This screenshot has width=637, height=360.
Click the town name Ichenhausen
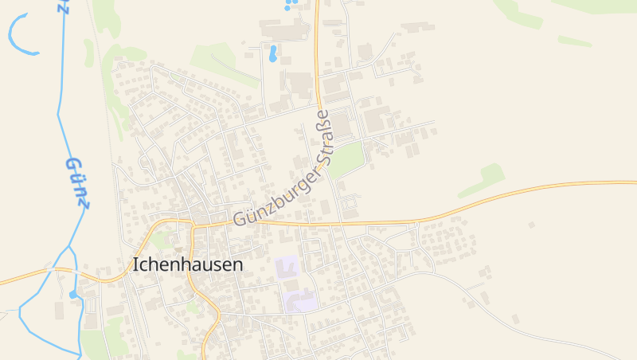(x=187, y=264)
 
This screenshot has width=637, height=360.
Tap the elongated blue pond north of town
(x=273, y=53)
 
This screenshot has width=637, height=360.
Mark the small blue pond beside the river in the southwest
(x=74, y=294)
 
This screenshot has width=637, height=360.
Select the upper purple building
(x=287, y=268)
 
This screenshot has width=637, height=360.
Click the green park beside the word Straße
(x=346, y=160)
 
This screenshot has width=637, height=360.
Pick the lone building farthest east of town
(x=531, y=225)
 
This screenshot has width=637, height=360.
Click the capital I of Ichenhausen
(x=135, y=264)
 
